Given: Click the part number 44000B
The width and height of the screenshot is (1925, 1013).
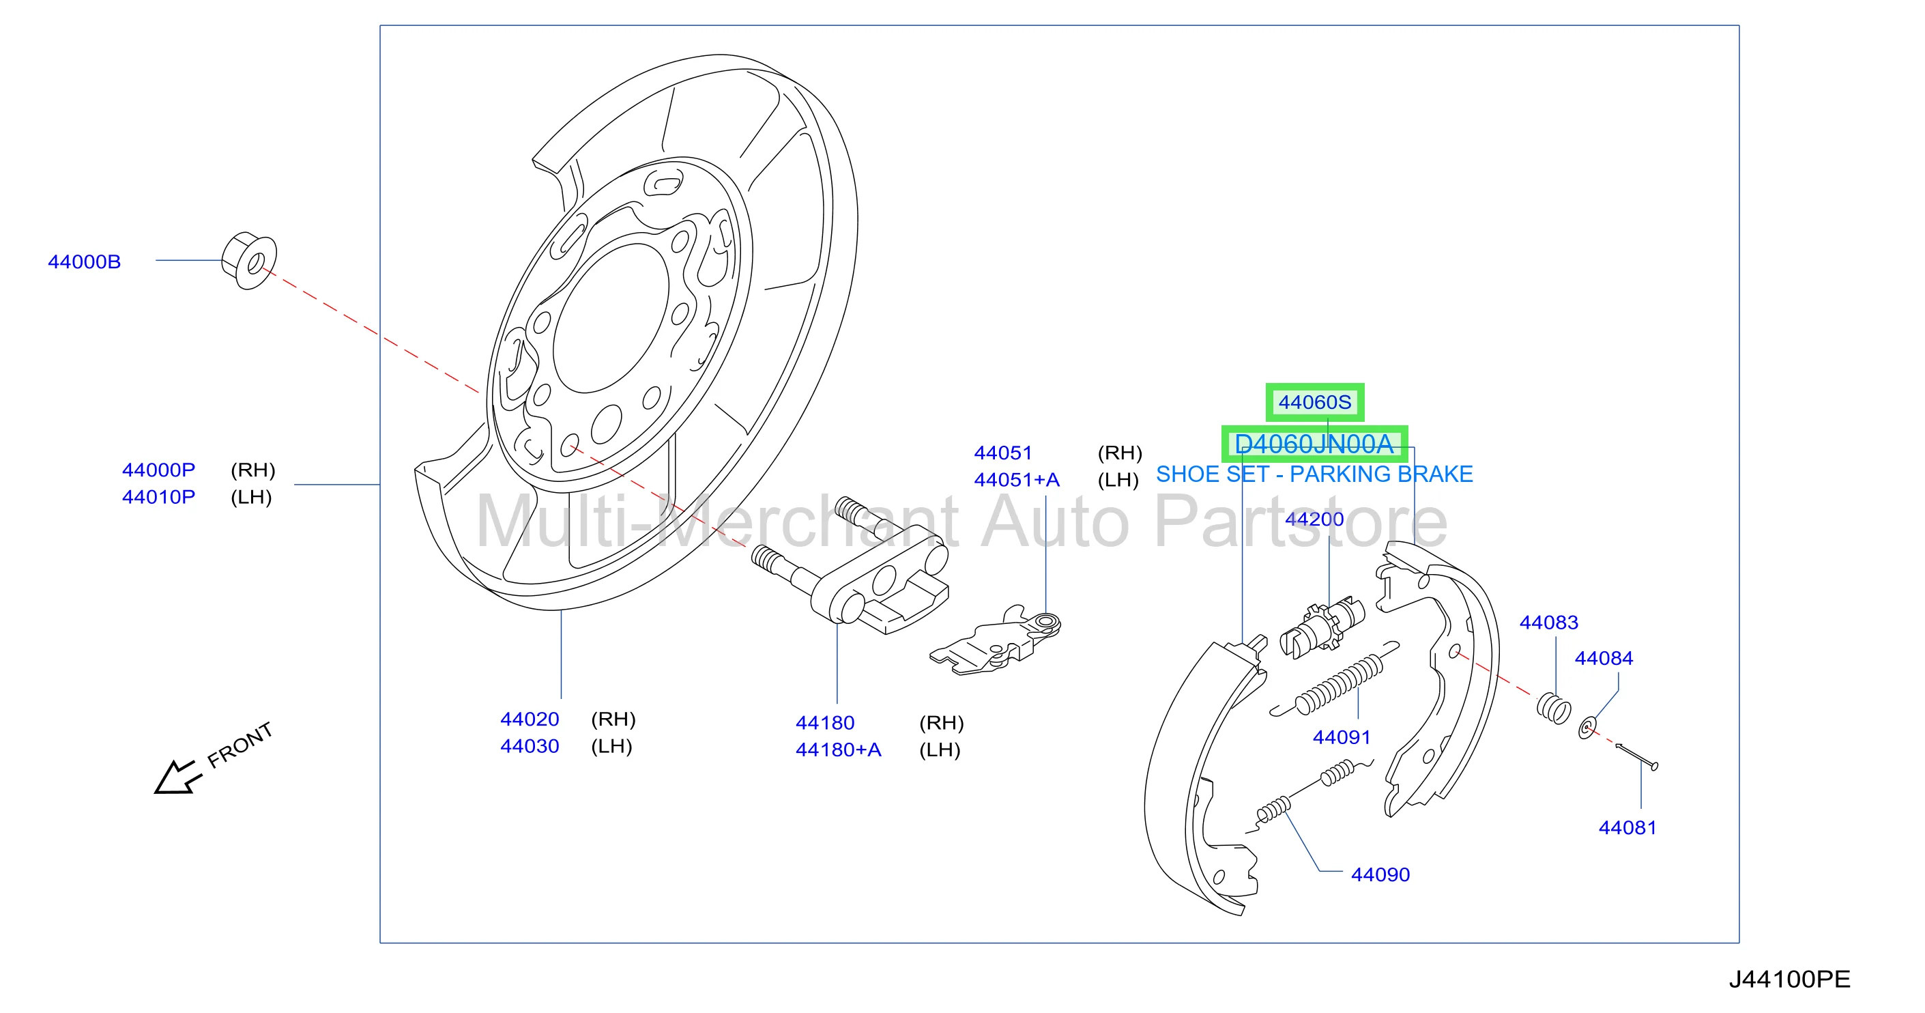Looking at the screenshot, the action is click(x=85, y=261).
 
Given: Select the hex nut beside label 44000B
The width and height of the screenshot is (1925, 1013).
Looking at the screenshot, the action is click(x=249, y=260).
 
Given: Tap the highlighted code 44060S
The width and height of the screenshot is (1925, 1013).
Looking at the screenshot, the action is click(x=1314, y=402).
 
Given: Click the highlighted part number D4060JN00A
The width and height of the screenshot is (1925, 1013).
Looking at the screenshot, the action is click(x=1314, y=444).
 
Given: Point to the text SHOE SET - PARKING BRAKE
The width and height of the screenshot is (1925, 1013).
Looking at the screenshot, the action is click(x=1314, y=474).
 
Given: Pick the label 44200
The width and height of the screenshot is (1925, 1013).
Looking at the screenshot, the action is click(x=1314, y=519).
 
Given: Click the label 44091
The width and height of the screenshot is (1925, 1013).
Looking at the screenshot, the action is click(x=1342, y=737).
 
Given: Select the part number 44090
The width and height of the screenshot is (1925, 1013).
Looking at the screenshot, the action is click(x=1380, y=874).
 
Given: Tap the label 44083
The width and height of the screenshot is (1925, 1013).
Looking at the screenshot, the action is click(x=1549, y=622).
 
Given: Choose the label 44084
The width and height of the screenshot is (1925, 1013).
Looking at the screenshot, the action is click(x=1604, y=658).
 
